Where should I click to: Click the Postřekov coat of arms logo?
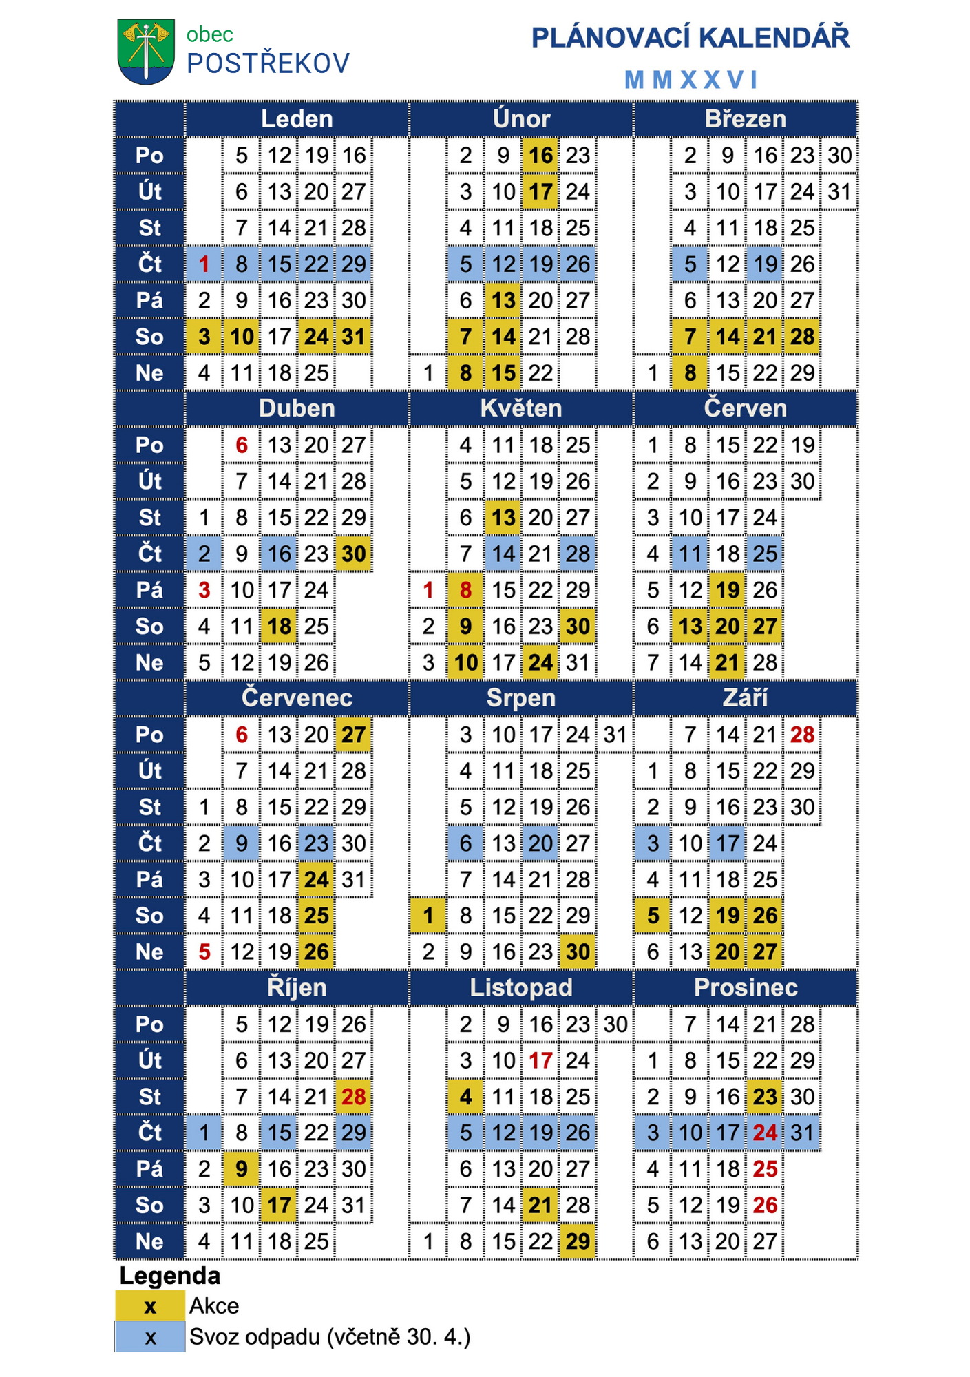tap(146, 51)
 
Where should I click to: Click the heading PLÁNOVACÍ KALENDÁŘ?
tap(690, 38)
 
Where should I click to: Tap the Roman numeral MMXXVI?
tap(690, 80)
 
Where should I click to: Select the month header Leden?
tap(297, 119)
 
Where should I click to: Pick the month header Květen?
tap(521, 408)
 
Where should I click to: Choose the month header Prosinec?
tap(746, 987)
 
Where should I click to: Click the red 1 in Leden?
tap(204, 264)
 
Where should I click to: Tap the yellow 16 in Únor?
tap(540, 156)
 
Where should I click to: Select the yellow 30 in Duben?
tap(354, 554)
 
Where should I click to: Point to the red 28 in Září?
tap(802, 735)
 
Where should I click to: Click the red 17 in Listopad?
tap(540, 1060)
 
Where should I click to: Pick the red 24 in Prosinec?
tap(765, 1133)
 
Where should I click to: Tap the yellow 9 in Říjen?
tap(242, 1169)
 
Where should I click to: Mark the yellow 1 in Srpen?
tap(428, 916)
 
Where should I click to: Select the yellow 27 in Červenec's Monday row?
tap(354, 735)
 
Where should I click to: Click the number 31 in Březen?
tap(839, 191)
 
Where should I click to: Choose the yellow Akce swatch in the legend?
tap(150, 1306)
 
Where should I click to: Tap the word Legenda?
tap(170, 1276)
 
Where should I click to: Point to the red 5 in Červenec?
tap(204, 952)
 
